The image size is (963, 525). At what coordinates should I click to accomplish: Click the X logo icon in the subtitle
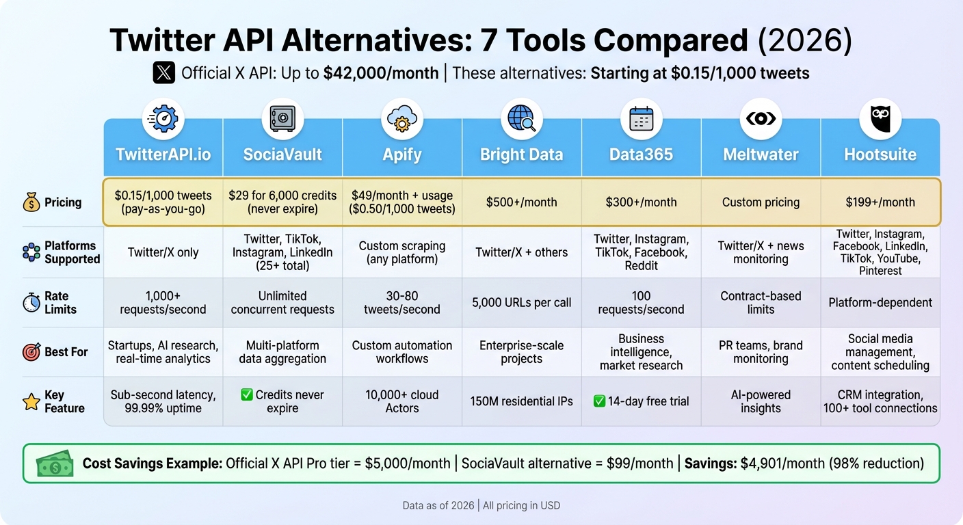click(x=164, y=73)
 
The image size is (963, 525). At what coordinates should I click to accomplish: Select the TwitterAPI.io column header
click(x=163, y=154)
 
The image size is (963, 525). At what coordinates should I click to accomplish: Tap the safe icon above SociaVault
click(x=282, y=119)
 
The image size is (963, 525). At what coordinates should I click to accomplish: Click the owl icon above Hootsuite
click(x=880, y=119)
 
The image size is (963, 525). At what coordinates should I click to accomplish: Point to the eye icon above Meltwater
click(x=761, y=119)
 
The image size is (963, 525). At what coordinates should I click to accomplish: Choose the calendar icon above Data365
click(x=641, y=119)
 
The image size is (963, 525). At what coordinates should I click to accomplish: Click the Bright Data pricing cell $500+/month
click(x=521, y=202)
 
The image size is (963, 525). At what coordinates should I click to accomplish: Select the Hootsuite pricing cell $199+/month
click(x=880, y=202)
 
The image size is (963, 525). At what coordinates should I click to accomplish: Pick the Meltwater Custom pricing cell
click(x=761, y=202)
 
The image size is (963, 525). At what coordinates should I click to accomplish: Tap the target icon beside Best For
click(x=31, y=352)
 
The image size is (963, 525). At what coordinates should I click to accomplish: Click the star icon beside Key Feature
click(x=31, y=402)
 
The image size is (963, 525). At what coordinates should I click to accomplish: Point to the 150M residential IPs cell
click(x=521, y=401)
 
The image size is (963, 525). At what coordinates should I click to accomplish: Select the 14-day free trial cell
click(x=641, y=401)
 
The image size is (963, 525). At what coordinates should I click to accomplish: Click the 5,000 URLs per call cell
click(x=521, y=302)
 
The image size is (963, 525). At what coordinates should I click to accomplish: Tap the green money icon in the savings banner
click(x=54, y=464)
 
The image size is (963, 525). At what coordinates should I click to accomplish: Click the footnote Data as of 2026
click(x=438, y=506)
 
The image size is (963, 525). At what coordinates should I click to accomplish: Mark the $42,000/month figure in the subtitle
click(x=381, y=73)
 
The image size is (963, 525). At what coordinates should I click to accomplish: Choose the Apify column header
click(x=402, y=154)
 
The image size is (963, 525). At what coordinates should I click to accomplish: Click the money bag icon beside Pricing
click(x=31, y=202)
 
